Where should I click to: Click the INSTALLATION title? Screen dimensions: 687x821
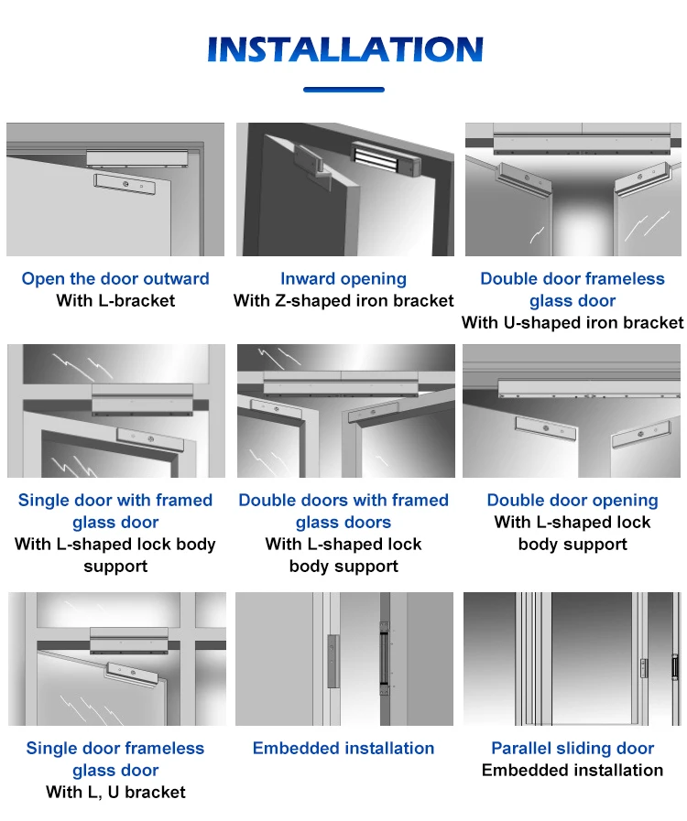tap(344, 49)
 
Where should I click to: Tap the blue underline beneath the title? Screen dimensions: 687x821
tap(343, 90)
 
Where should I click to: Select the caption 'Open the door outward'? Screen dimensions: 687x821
tap(115, 278)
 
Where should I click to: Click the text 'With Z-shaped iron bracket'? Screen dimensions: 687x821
tap(343, 300)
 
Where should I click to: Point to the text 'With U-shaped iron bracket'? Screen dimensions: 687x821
tap(572, 322)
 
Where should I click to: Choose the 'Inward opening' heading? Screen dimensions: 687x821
tap(343, 278)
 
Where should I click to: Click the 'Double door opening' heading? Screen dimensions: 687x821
tap(572, 500)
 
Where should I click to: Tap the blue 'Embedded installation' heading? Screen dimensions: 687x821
tap(343, 748)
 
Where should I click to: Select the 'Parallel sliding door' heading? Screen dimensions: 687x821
tap(572, 748)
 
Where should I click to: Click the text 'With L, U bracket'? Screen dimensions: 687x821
tap(115, 793)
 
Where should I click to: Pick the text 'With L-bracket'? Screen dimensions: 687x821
tap(115, 300)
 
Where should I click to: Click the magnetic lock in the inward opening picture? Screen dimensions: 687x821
tap(385, 158)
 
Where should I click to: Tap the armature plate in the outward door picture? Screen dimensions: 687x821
tap(125, 184)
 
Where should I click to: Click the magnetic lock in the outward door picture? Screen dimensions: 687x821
tap(136, 157)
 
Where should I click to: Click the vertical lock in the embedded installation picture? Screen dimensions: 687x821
tap(385, 660)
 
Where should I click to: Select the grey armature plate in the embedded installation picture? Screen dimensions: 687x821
tap(333, 661)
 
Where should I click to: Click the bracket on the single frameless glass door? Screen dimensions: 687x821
tap(132, 674)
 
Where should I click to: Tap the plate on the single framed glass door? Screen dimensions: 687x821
tap(150, 440)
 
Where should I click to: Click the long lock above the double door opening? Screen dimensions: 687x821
tap(572, 389)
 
